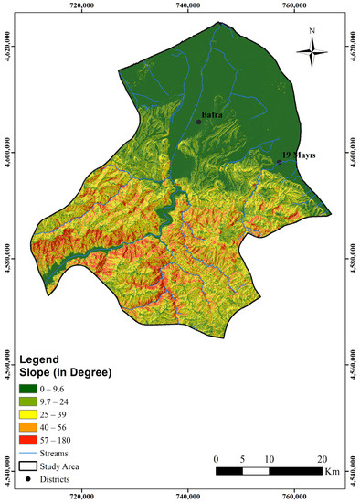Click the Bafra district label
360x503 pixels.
click(x=212, y=115)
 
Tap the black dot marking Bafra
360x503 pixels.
click(x=198, y=122)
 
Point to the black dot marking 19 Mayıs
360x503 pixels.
click(x=280, y=162)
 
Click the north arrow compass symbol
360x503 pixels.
click(x=312, y=54)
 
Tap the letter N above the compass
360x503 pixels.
click(x=312, y=30)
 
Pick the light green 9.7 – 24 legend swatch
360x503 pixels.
click(x=30, y=402)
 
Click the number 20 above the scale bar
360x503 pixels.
click(x=322, y=458)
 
